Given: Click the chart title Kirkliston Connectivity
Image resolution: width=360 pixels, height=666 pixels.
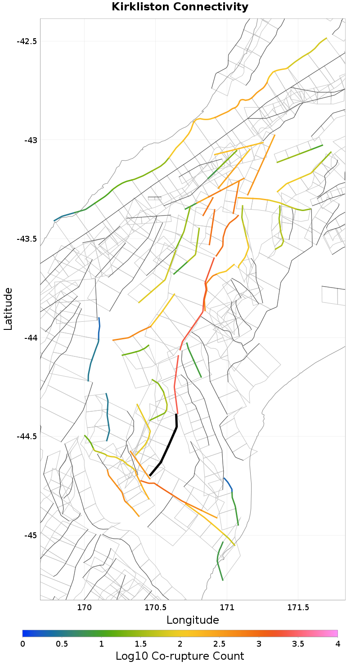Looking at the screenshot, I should click(180, 7).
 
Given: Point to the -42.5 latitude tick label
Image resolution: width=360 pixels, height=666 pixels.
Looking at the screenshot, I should click(27, 41).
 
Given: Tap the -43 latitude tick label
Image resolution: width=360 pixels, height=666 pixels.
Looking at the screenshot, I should click(30, 140).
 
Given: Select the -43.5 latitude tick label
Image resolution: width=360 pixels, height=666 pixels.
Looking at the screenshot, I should click(27, 239).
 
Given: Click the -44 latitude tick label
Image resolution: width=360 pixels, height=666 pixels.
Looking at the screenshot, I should click(30, 337).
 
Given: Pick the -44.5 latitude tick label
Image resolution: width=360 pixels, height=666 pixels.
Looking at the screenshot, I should click(27, 436).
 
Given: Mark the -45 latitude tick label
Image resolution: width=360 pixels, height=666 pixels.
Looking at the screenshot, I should click(30, 535).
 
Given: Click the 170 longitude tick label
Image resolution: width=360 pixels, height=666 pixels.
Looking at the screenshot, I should click(84, 607).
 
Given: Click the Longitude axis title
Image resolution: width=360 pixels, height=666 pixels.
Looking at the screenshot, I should click(193, 620).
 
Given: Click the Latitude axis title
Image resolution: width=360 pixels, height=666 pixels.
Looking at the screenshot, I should click(8, 309).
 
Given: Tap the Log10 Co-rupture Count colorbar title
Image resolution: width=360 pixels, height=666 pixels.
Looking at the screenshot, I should click(180, 656).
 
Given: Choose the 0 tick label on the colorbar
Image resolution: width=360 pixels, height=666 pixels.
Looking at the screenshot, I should click(22, 644).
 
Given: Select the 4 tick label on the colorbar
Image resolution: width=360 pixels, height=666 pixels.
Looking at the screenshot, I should click(337, 644).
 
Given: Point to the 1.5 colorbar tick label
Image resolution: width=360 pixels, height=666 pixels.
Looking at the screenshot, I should click(140, 644).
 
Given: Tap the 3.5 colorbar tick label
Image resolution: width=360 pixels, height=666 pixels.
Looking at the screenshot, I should click(298, 644).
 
